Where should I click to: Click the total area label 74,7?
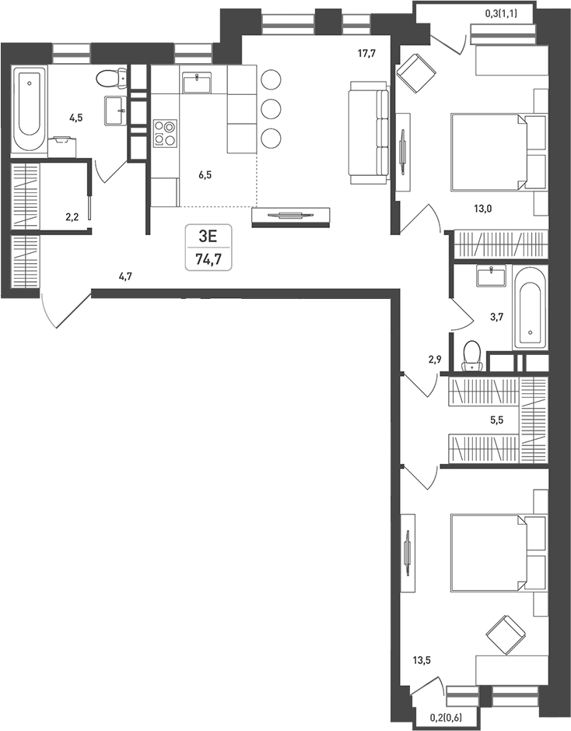tap(208, 260)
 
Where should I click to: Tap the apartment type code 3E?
tap(208, 237)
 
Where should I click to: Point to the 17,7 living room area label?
tap(366, 54)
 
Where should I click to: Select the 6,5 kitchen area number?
tap(205, 175)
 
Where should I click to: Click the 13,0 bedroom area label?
tap(483, 209)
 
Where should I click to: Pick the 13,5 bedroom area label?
tap(422, 659)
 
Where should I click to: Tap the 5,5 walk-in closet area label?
tap(497, 420)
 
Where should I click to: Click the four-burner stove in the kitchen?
tap(166, 133)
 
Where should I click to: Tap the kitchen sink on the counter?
tap(198, 83)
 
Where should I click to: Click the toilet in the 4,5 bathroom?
tap(112, 77)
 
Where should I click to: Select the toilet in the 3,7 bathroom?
tap(472, 356)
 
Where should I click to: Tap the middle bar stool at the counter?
tap(271, 109)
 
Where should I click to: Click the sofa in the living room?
tap(369, 132)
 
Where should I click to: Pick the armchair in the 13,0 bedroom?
tap(416, 74)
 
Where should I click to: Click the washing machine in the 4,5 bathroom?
tap(62, 147)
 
